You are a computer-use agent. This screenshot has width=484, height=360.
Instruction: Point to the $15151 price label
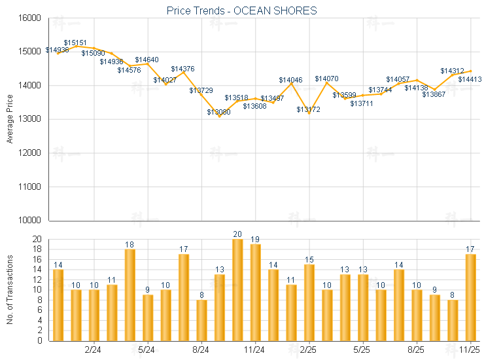pos(75,42)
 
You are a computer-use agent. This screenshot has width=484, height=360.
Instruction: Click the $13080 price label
pos(218,112)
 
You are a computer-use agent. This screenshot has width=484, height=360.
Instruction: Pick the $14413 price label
pos(470,79)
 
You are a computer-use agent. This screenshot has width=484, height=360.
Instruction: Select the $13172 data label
pos(308,109)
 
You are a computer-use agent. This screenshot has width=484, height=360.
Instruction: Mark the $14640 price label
pos(147,60)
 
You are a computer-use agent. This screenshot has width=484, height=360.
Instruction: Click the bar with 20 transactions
pos(237,290)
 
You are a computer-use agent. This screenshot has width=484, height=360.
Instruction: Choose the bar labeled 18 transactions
pos(130,295)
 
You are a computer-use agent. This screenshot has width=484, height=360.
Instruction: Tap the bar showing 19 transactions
pos(255,293)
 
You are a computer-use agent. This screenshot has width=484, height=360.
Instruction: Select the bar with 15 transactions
pos(309,302)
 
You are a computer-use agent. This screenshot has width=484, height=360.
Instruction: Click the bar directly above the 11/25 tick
pos(470,297)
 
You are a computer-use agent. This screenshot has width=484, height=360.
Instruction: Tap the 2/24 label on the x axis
pos(93,350)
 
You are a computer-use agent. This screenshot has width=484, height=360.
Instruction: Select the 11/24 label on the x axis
pos(255,350)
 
